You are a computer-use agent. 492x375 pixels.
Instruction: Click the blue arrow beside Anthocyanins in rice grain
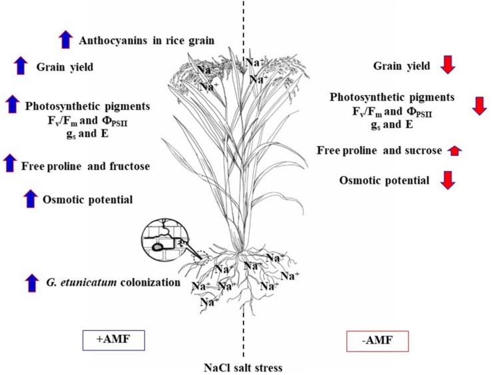point(65,39)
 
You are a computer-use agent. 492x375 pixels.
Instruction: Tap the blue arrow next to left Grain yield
point(21,66)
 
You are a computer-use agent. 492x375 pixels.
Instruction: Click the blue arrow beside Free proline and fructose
point(9,163)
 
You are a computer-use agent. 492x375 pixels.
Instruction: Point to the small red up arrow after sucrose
point(455,151)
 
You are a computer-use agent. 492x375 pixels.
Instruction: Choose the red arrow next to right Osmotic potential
point(447,181)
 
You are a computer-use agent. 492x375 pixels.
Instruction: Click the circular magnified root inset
point(162,240)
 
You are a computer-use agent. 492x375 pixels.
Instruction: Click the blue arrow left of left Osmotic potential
point(30,197)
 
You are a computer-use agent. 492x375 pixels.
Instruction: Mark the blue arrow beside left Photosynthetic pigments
point(11,104)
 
